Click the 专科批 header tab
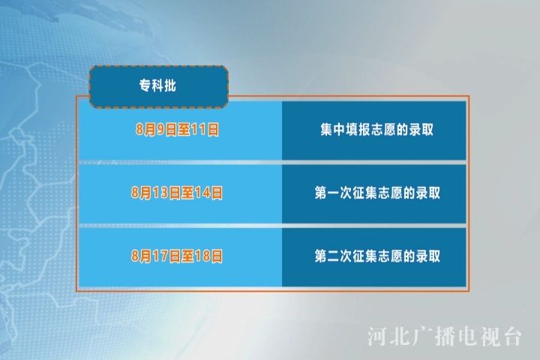(x=159, y=86)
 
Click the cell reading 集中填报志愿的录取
(x=374, y=130)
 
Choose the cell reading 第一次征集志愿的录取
(x=374, y=193)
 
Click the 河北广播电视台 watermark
(x=444, y=336)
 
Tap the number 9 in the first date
(x=160, y=130)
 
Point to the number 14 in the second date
(x=202, y=193)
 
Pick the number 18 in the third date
(x=202, y=256)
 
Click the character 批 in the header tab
(x=170, y=85)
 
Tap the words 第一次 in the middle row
(x=333, y=193)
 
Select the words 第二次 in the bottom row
(x=333, y=256)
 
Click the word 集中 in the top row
(x=333, y=130)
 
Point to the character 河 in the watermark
(x=377, y=337)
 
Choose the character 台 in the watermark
(x=511, y=337)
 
